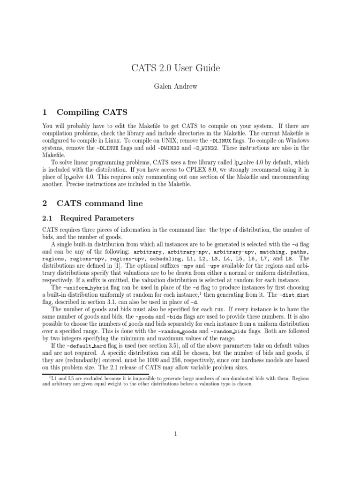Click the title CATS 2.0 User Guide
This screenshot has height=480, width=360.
pyautogui.click(x=176, y=68)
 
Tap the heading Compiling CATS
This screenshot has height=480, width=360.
pyautogui.click(x=91, y=112)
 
